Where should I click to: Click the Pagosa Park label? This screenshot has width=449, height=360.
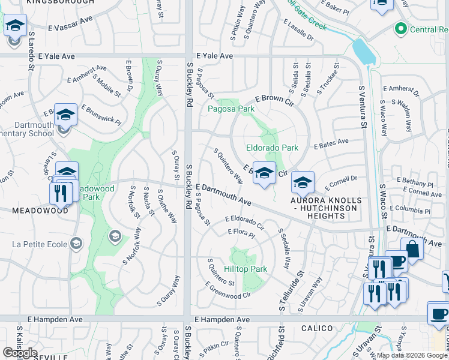click(x=231, y=109)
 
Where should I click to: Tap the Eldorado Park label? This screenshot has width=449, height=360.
click(x=272, y=148)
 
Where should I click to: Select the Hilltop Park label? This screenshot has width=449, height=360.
click(x=245, y=269)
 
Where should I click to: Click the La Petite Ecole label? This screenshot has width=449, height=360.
click(x=40, y=244)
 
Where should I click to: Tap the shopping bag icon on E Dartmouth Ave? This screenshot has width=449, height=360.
click(x=412, y=247)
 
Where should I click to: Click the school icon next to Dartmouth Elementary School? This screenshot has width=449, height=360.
click(x=65, y=114)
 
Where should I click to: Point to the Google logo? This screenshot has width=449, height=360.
click(x=19, y=353)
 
